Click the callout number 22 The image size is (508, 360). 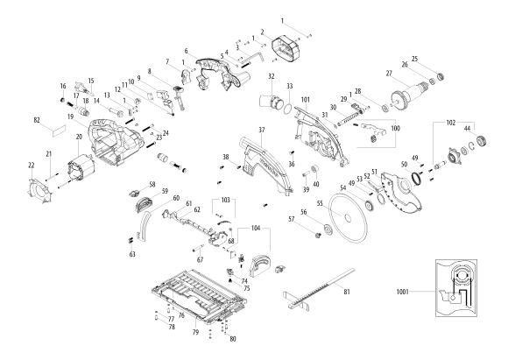(32, 165)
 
